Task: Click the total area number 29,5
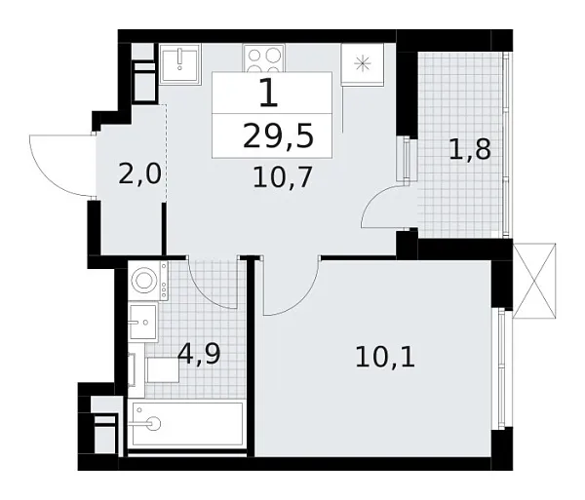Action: point(278,136)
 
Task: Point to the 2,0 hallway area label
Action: point(140,174)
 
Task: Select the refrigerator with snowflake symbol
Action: point(364,64)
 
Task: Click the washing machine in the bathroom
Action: point(145,281)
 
